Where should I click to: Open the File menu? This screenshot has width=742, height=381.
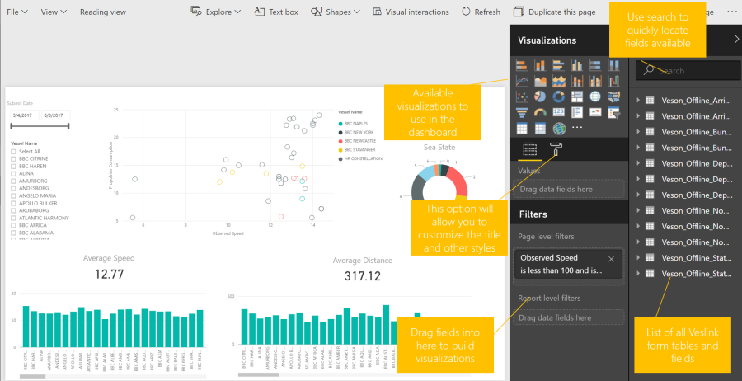[x=17, y=12]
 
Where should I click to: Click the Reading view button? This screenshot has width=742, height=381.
[x=103, y=12]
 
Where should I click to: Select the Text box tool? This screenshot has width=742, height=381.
[x=276, y=12]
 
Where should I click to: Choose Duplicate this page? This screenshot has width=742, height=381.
[x=553, y=12]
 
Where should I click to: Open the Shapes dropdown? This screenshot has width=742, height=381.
[x=335, y=12]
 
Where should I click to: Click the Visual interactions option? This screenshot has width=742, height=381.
[x=410, y=12]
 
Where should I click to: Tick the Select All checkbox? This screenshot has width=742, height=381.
[x=13, y=151]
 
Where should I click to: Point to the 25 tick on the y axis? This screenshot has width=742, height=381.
[x=116, y=110]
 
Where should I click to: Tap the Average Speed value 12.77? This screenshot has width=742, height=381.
[x=109, y=274]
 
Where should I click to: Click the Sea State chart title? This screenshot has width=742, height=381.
[x=439, y=147]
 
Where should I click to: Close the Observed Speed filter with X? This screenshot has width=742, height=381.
[x=611, y=259]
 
